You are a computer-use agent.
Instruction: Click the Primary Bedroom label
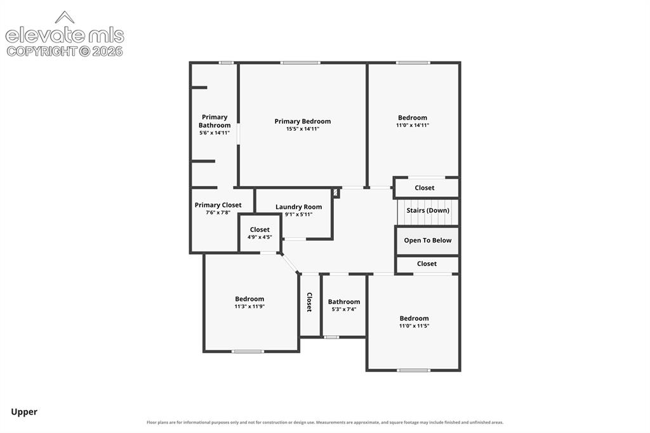point(303,121)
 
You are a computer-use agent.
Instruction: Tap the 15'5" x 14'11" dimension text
point(303,129)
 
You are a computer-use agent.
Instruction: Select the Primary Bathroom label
point(215,121)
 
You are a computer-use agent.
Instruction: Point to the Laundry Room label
point(298,207)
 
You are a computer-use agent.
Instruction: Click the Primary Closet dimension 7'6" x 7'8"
point(218,213)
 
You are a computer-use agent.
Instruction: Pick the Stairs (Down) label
point(428,211)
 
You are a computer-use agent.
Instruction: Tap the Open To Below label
point(428,241)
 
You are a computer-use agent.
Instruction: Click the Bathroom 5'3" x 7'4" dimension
point(344,309)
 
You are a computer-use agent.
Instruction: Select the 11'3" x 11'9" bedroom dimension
point(249,307)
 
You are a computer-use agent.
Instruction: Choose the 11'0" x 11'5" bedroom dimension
point(414,326)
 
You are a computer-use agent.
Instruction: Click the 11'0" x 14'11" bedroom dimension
point(413,125)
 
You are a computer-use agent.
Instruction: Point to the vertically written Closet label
point(309,302)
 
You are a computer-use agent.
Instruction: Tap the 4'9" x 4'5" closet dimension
point(260,237)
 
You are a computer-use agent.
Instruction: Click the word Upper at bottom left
point(24,412)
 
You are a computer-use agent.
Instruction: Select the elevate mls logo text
point(65,36)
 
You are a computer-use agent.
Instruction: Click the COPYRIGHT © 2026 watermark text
point(65,51)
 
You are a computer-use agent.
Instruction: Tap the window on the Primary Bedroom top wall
point(300,63)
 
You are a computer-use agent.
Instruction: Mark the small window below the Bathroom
point(331,337)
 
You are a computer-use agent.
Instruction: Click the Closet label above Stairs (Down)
point(425,188)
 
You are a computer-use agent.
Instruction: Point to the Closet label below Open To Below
point(427,263)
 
